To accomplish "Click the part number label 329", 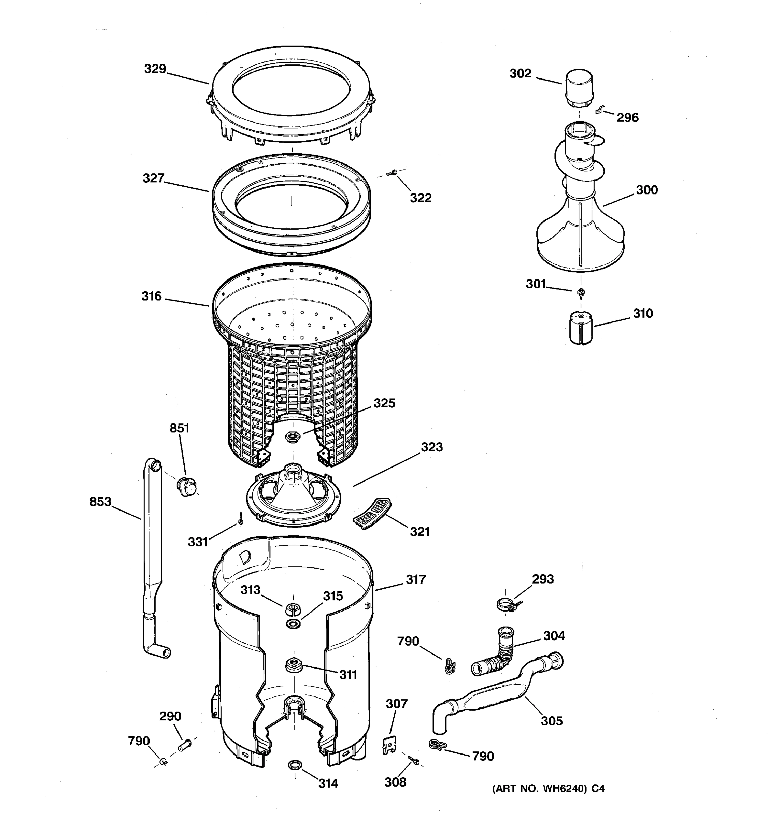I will pos(155,69).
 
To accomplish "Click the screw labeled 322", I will pos(392,173).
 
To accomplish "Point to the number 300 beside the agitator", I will pos(646,190).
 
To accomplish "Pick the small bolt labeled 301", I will pos(581,293).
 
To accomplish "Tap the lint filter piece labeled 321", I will pos(372,513).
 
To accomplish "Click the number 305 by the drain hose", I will pos(551,721).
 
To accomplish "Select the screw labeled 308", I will pos(413,761).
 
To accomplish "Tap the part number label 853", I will pos(101,502).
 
